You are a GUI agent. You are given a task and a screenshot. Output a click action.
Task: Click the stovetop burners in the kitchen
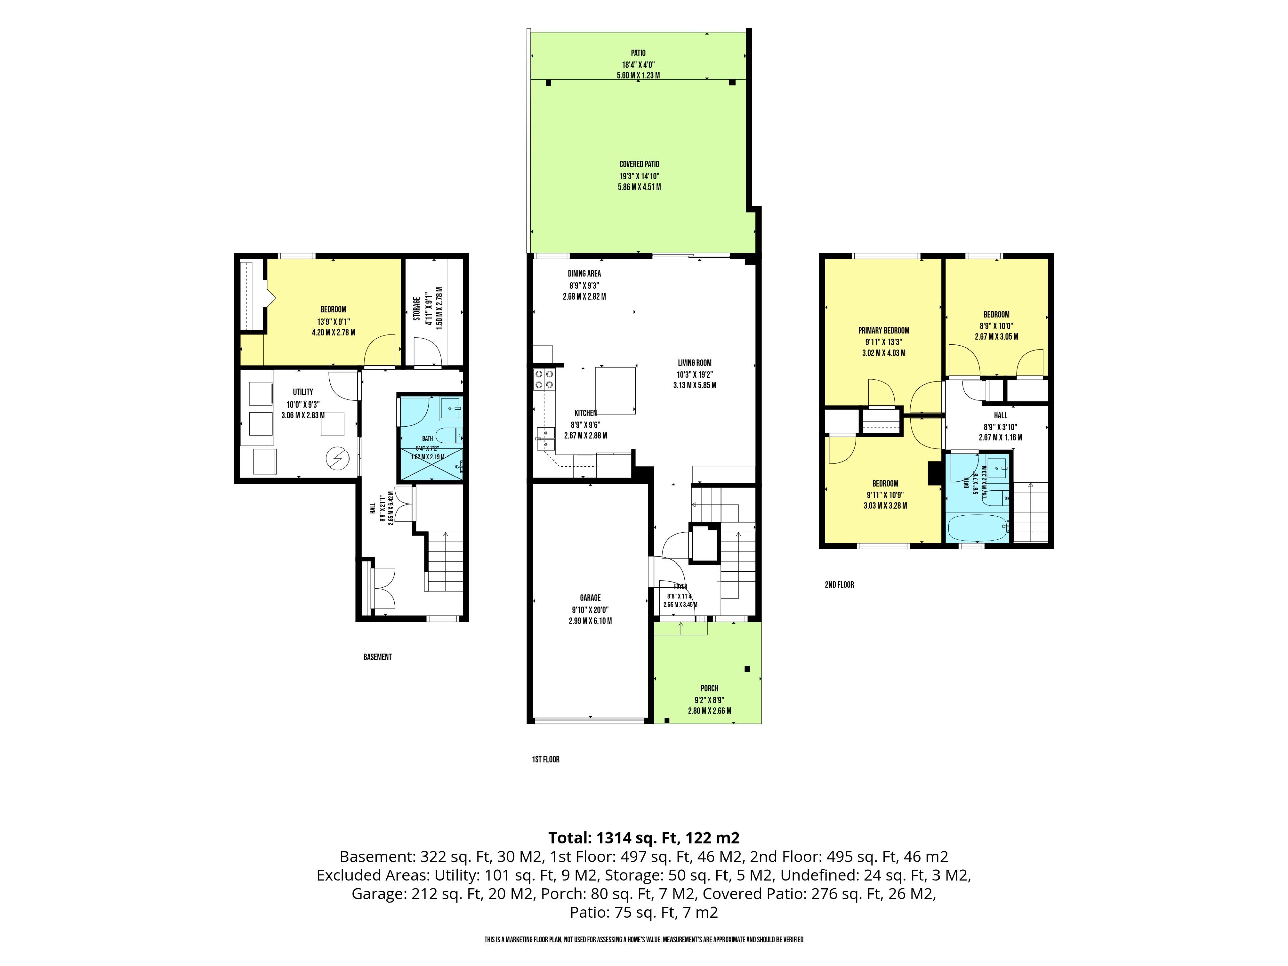pos(545,380)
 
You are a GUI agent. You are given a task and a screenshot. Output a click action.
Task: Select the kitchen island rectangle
pos(615,390)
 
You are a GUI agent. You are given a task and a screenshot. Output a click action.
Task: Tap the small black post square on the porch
pos(747,669)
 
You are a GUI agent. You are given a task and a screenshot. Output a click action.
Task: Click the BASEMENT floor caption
pos(377,657)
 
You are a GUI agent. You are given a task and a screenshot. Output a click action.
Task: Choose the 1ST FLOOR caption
pos(546,759)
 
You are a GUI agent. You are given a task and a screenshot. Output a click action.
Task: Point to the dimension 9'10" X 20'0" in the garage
pos(590,610)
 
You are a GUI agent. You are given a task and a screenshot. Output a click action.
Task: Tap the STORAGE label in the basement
pos(417,309)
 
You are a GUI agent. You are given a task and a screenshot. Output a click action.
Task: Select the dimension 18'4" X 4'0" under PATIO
pos(638,65)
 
